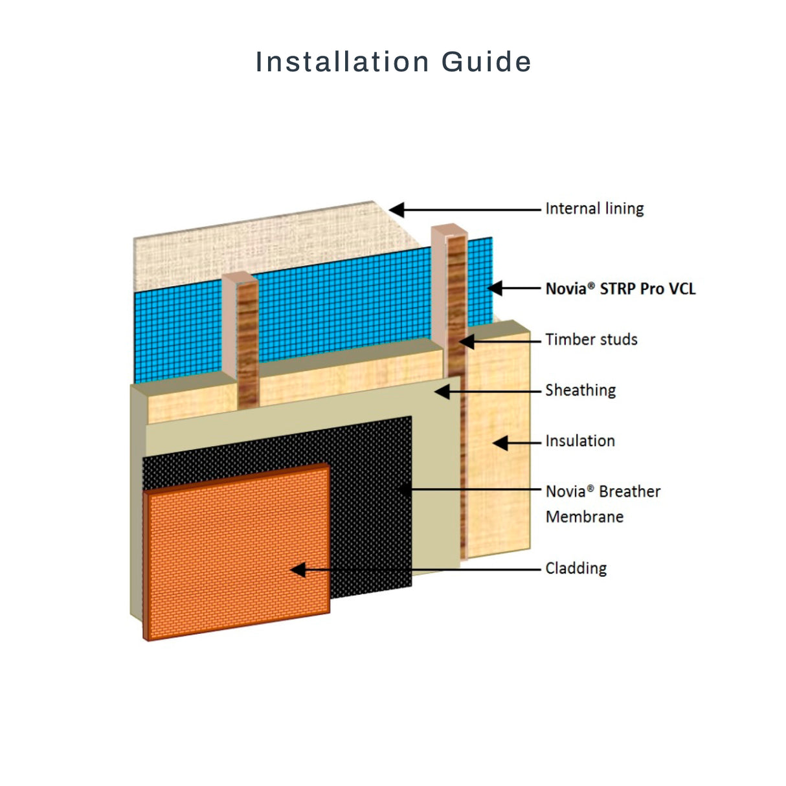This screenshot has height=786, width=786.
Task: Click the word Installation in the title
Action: [x=342, y=62]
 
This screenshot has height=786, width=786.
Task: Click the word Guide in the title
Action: [x=486, y=62]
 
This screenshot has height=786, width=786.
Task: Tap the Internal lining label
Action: [x=595, y=208]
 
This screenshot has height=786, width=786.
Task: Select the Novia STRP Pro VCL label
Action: [x=620, y=289]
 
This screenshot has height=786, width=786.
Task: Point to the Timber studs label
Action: [x=591, y=339]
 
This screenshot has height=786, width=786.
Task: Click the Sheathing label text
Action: [x=581, y=390]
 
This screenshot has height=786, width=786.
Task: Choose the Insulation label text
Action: [x=580, y=441]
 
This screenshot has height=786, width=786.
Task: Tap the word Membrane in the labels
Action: [x=585, y=517]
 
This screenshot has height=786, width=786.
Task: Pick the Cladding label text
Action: [x=576, y=568]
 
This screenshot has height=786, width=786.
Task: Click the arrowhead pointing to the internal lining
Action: [x=396, y=210]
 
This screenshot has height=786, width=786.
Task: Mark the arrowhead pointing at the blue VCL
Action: [x=495, y=288]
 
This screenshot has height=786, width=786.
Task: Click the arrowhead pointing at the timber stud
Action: [x=466, y=341]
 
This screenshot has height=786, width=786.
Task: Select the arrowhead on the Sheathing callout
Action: [x=442, y=392]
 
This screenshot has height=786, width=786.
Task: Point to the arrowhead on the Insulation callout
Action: [x=500, y=443]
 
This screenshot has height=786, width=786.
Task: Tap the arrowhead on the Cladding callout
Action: [x=298, y=570]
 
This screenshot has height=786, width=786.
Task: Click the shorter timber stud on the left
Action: [x=241, y=339]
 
